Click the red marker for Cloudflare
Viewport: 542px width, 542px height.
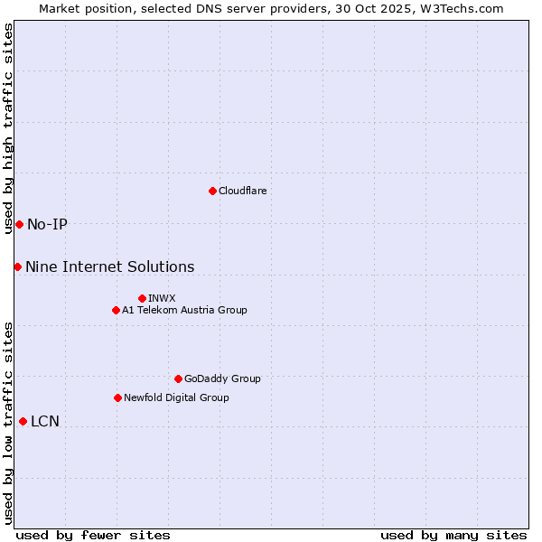(x=212, y=191)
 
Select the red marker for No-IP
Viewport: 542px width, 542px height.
(x=19, y=224)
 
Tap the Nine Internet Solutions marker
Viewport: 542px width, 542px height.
(x=17, y=266)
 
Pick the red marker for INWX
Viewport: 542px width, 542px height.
(x=142, y=298)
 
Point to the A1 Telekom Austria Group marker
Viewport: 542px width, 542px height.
(x=116, y=310)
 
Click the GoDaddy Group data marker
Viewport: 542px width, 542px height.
(x=178, y=378)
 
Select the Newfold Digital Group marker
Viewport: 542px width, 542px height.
(x=117, y=397)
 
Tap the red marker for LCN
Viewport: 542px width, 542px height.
(x=23, y=421)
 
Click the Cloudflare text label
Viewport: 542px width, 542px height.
(x=242, y=191)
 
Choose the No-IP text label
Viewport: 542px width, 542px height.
(x=47, y=224)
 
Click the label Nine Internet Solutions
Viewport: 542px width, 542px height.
(x=109, y=266)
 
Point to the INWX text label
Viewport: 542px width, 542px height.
(x=162, y=298)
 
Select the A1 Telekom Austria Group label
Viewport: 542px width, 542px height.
(x=184, y=310)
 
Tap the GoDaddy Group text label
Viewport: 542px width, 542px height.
(x=222, y=378)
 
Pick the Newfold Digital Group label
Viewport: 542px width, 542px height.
(x=176, y=397)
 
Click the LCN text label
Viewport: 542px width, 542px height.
(x=45, y=421)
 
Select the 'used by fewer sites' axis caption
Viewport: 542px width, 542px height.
(x=93, y=535)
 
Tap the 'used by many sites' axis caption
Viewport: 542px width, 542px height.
(x=453, y=535)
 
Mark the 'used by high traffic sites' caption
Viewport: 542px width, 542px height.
(x=8, y=128)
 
